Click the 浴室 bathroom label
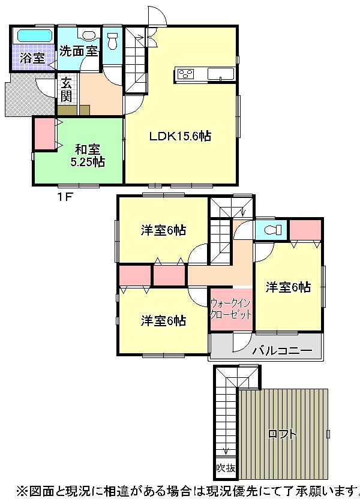pyautogui.click(x=31, y=58)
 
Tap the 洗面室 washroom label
pyautogui.click(x=78, y=52)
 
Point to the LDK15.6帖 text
pyautogui.click(x=179, y=136)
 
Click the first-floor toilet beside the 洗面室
pyautogui.click(x=112, y=41)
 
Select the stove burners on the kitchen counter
pyautogui.click(x=185, y=74)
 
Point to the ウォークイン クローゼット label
pyautogui.click(x=230, y=310)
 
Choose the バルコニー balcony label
pyautogui.click(x=282, y=351)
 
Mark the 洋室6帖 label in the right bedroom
pyautogui.click(x=289, y=287)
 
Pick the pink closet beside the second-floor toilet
pyautogui.click(x=306, y=230)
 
